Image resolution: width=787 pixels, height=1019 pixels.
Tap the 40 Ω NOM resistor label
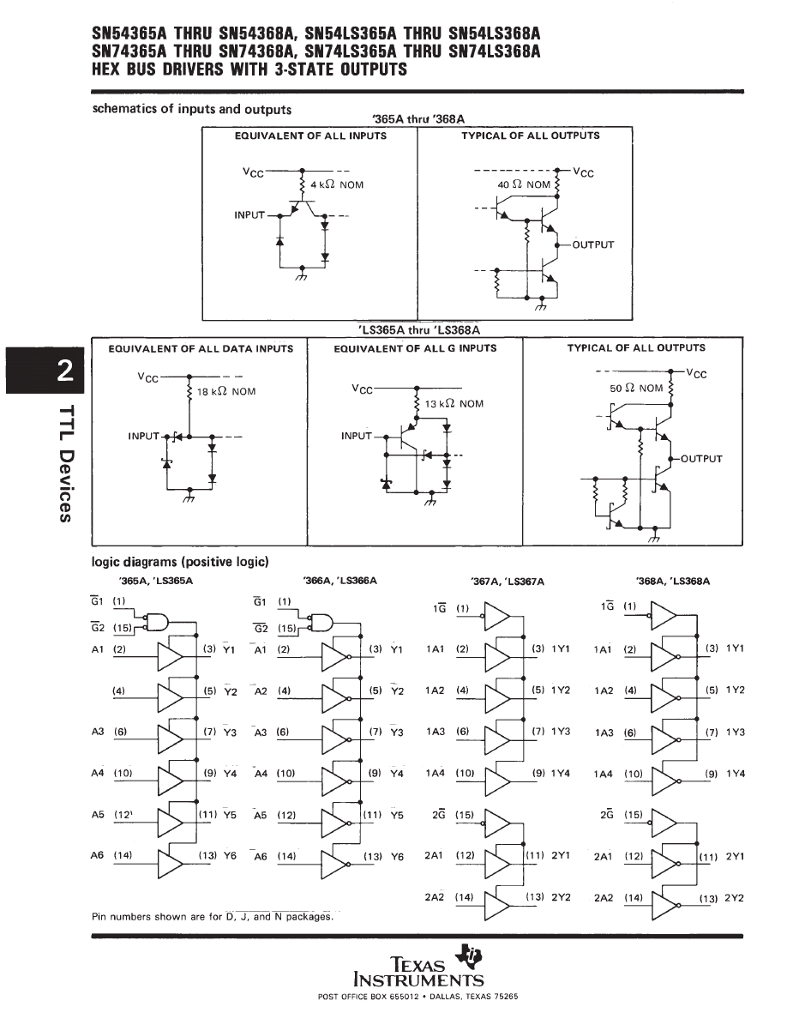coord(524,184)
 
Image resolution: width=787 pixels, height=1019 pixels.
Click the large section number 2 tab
coord(63,370)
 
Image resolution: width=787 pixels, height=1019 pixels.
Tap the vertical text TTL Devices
coord(64,463)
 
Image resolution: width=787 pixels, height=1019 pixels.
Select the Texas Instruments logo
coord(419,968)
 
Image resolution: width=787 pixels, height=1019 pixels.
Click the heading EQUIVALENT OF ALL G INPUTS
coord(415,348)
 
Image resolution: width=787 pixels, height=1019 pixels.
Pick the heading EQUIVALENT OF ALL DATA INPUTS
coord(201,348)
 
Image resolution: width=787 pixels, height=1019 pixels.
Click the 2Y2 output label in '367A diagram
coord(561,897)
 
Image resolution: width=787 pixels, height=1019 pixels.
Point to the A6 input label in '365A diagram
coord(97,856)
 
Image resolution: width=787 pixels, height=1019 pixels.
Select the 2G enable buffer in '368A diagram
coord(664,824)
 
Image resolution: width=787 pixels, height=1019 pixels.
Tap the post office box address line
coord(418,997)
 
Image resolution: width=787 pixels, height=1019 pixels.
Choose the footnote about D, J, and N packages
coord(211,917)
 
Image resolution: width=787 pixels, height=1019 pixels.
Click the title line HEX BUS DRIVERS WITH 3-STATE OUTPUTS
coord(249,69)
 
